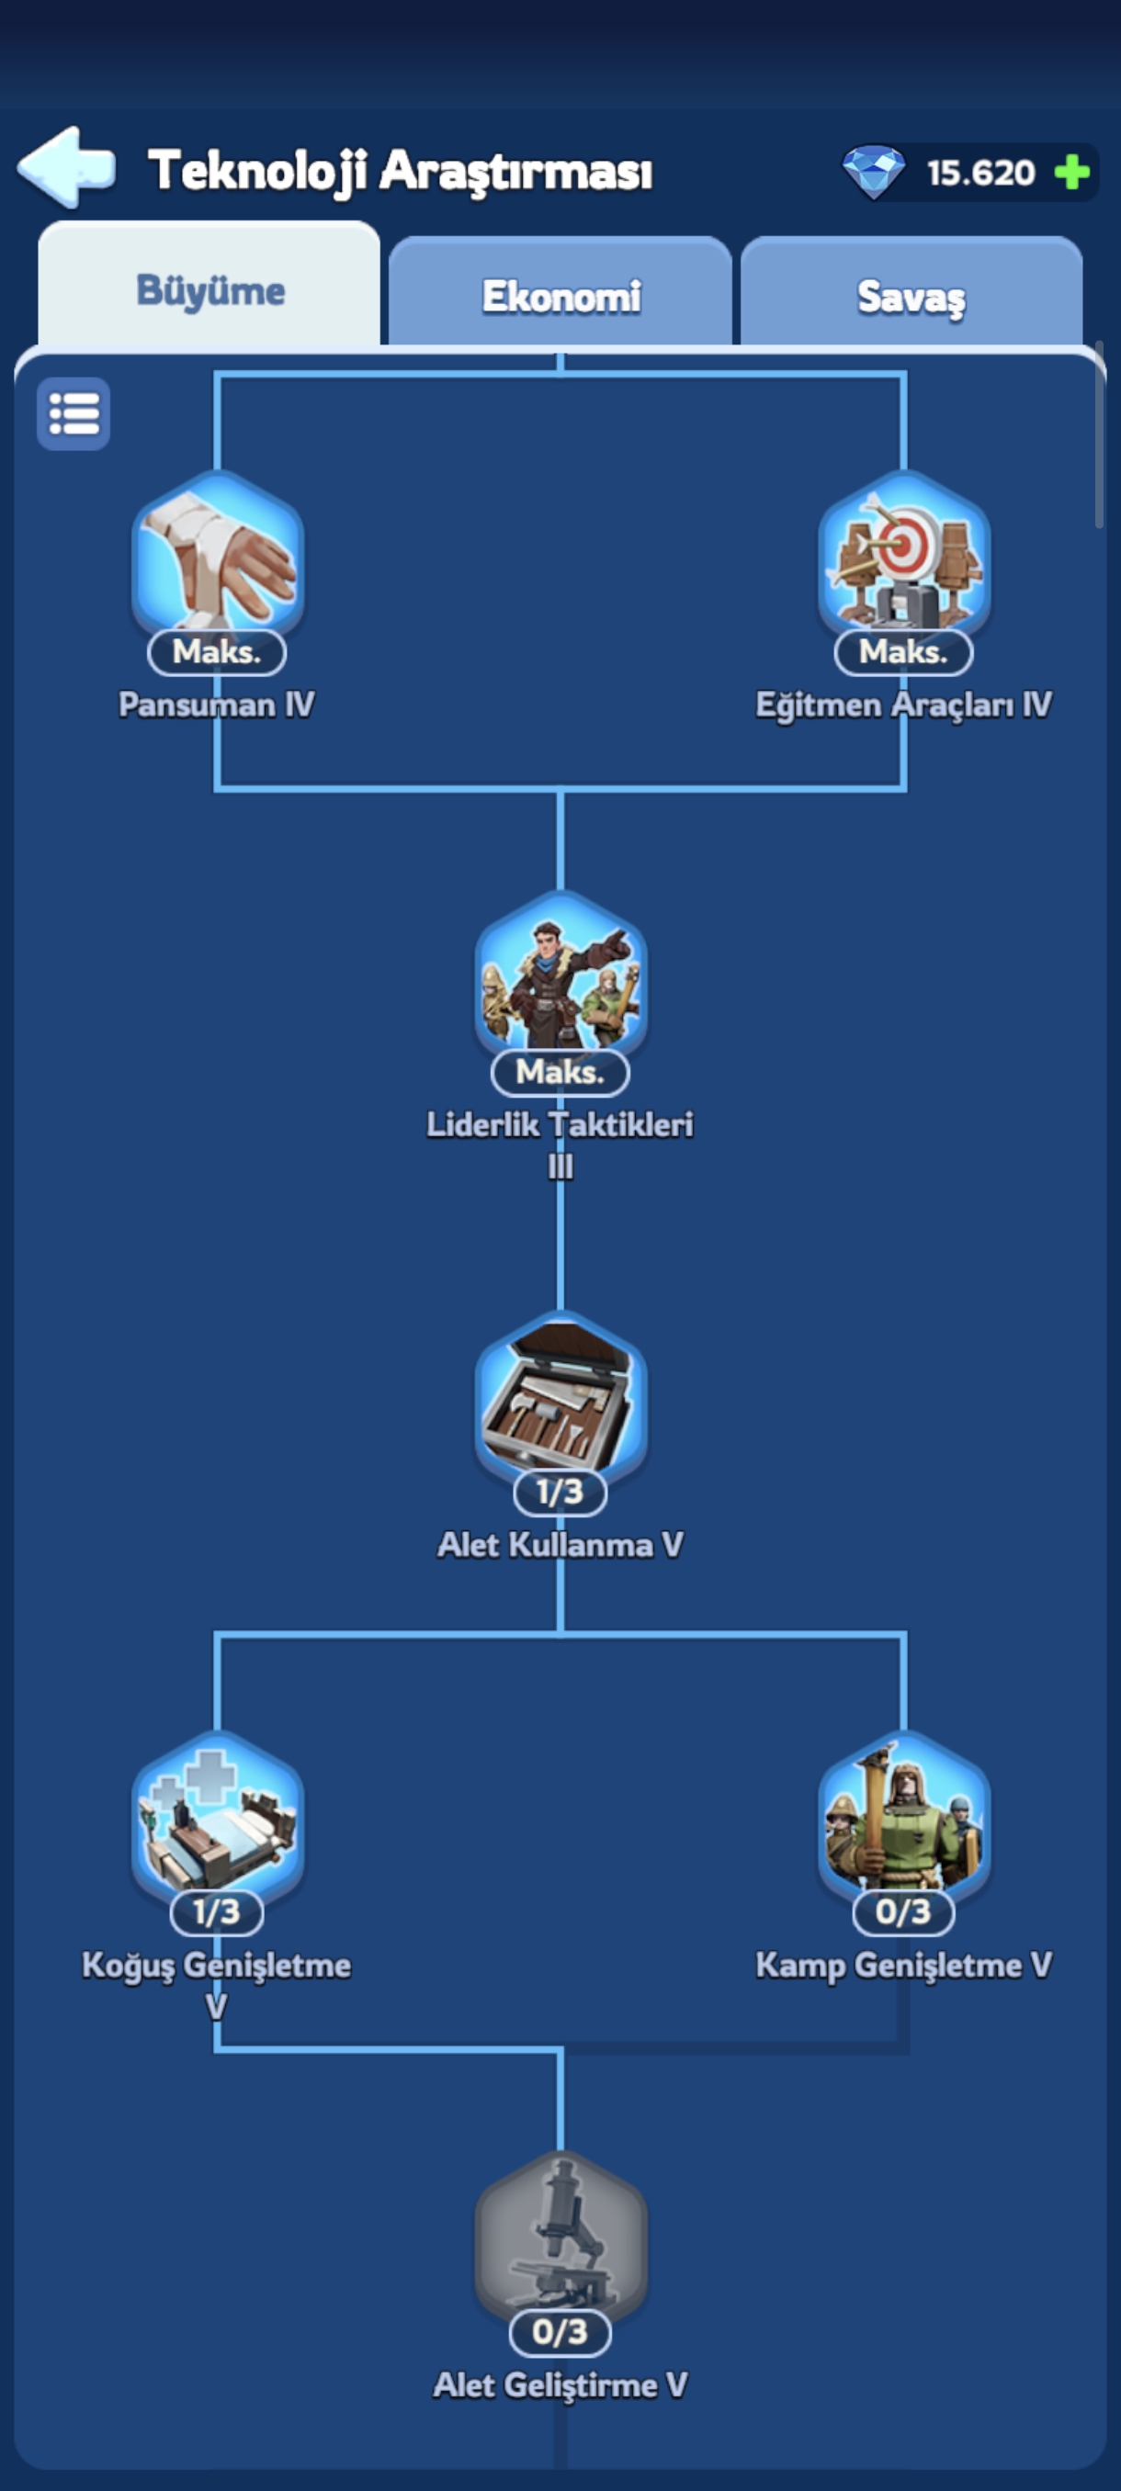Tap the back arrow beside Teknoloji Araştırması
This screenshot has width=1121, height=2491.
[66, 167]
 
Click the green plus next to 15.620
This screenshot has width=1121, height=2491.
[1071, 173]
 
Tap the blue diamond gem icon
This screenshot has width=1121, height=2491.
[874, 172]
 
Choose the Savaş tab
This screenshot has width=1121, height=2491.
[912, 294]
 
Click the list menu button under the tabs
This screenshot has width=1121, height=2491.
[74, 414]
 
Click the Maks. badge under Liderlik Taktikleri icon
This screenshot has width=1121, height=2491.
[560, 1071]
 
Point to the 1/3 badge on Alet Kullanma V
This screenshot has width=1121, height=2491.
[560, 1492]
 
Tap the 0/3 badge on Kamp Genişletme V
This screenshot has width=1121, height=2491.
[903, 1911]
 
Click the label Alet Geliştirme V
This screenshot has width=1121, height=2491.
[560, 2385]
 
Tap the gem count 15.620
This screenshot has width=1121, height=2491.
[980, 173]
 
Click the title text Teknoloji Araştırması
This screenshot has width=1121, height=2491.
[400, 171]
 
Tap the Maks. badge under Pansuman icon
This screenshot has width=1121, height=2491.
[217, 652]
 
